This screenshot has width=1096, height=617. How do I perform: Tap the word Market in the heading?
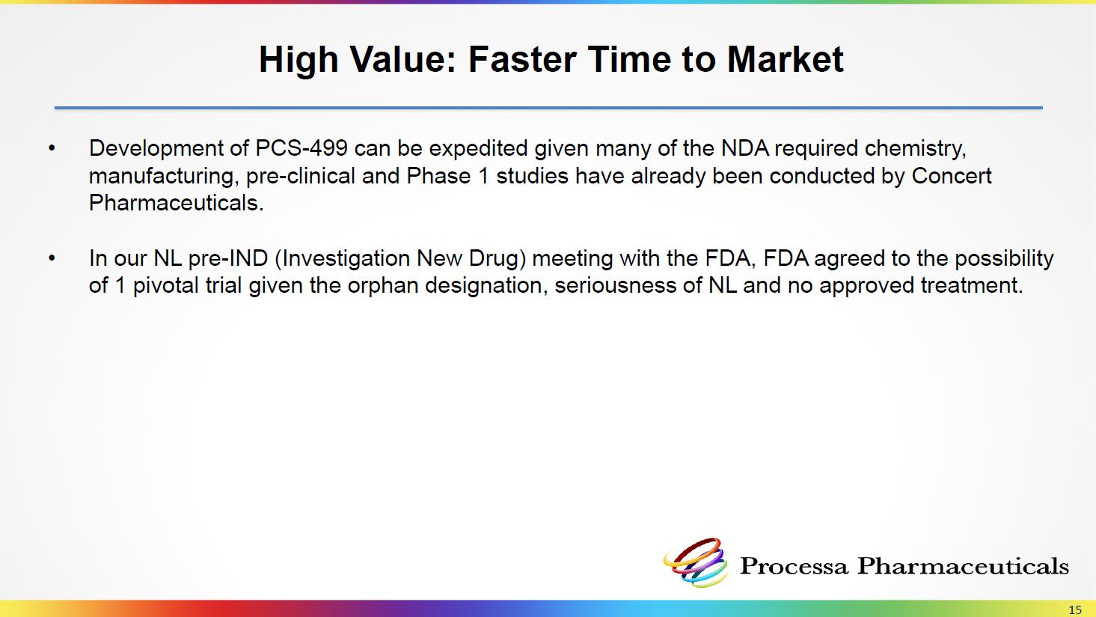(x=786, y=59)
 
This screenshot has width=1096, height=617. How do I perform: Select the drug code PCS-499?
(x=301, y=148)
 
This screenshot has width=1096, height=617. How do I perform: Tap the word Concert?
(x=951, y=176)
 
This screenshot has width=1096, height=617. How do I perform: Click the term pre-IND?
(x=228, y=258)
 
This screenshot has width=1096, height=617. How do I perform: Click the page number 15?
(x=1075, y=610)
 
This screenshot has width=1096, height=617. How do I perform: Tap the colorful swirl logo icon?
(x=696, y=562)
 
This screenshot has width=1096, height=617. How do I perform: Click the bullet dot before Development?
(x=52, y=148)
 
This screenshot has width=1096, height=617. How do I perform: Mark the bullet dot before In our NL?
(x=52, y=258)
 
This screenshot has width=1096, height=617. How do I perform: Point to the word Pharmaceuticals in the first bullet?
(x=176, y=203)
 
